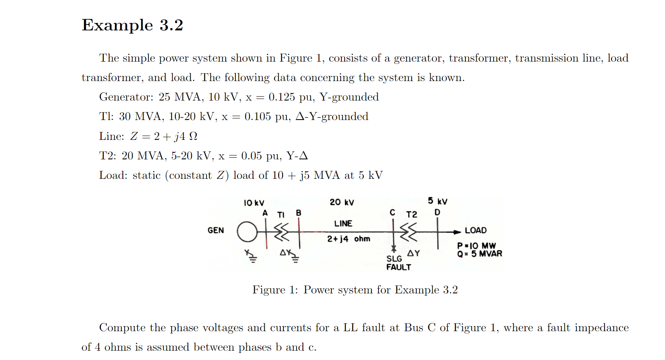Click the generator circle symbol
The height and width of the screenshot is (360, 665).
pyautogui.click(x=247, y=232)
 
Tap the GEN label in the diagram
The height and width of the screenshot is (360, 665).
pyautogui.click(x=216, y=230)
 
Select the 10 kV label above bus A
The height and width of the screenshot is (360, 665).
pyautogui.click(x=254, y=203)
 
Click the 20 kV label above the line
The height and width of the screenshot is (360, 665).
pyautogui.click(x=342, y=202)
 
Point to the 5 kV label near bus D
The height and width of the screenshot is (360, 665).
pyautogui.click(x=437, y=201)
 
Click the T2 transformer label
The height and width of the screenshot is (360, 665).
pyautogui.click(x=412, y=215)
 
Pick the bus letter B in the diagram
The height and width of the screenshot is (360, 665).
pyautogui.click(x=299, y=213)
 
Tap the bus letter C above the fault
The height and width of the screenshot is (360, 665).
pyautogui.click(x=393, y=212)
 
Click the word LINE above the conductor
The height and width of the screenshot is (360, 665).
pyautogui.click(x=343, y=224)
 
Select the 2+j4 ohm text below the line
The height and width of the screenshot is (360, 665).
pyautogui.click(x=348, y=239)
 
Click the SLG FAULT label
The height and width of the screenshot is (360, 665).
pyautogui.click(x=398, y=263)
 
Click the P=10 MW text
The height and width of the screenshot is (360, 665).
pyautogui.click(x=476, y=246)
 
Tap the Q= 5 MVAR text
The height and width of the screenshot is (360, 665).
pyautogui.click(x=479, y=254)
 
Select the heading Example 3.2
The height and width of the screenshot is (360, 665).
pyautogui.click(x=133, y=25)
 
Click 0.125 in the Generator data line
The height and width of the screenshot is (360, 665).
pyautogui.click(x=281, y=97)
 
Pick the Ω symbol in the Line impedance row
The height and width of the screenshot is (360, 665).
pyautogui.click(x=193, y=136)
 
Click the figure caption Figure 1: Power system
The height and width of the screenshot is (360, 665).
pyautogui.click(x=355, y=290)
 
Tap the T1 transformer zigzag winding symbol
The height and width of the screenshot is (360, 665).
pyautogui.click(x=282, y=232)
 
